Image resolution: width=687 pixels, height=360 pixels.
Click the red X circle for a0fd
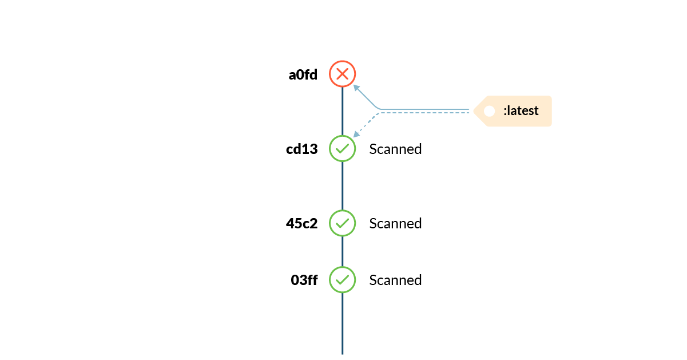tap(342, 74)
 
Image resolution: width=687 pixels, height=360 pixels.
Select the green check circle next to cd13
tap(342, 149)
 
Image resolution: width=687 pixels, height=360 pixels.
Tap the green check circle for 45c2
tap(342, 223)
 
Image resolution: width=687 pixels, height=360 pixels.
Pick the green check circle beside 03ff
tap(342, 280)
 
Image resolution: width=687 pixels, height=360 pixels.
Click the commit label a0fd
tap(303, 74)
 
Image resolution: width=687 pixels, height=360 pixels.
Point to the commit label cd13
tap(301, 149)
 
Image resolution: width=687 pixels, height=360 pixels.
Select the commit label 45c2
tap(301, 224)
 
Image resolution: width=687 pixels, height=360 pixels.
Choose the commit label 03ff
tap(304, 280)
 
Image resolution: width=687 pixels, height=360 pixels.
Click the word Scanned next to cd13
tap(395, 149)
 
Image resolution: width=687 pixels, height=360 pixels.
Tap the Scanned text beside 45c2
tap(395, 224)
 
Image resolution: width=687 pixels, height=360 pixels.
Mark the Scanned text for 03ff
tap(395, 280)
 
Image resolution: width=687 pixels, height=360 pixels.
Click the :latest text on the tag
tap(521, 111)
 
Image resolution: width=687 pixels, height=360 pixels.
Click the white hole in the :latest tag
tap(489, 111)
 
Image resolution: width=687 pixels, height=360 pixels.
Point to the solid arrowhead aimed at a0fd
tap(356, 87)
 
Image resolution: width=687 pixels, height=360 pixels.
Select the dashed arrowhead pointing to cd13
tap(356, 134)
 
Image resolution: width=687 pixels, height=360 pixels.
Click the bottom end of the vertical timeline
tap(342, 352)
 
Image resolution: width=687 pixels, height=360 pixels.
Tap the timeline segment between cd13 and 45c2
tap(342, 186)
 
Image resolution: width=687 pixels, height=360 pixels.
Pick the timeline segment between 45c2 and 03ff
tap(342, 252)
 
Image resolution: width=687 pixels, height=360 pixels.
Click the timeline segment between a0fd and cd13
tap(342, 112)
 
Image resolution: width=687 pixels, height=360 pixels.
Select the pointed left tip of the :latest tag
tap(474, 111)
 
